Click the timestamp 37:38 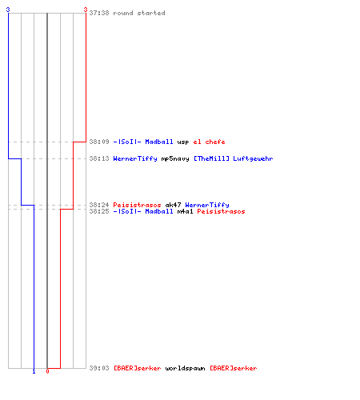coord(99,13)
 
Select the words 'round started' coord(139,13)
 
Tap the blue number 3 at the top coord(8,10)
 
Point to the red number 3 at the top coord(86,10)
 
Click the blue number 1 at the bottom coord(34,372)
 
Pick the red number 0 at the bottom coord(47,371)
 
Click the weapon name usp coord(183,142)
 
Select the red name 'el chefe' coord(209,142)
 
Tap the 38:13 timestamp coord(99,158)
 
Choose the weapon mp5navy coord(175,159)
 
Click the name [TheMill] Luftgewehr coord(233,158)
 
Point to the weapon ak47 coord(173,205)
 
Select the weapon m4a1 coord(185,211)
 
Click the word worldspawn coord(185,368)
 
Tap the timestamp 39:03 coord(99,368)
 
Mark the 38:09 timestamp coord(99,142)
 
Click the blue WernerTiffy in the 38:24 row coord(207,205)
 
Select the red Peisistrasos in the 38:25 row coord(221,211)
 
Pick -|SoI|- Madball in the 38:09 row coord(143,142)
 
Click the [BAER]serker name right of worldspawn coord(233,368)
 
